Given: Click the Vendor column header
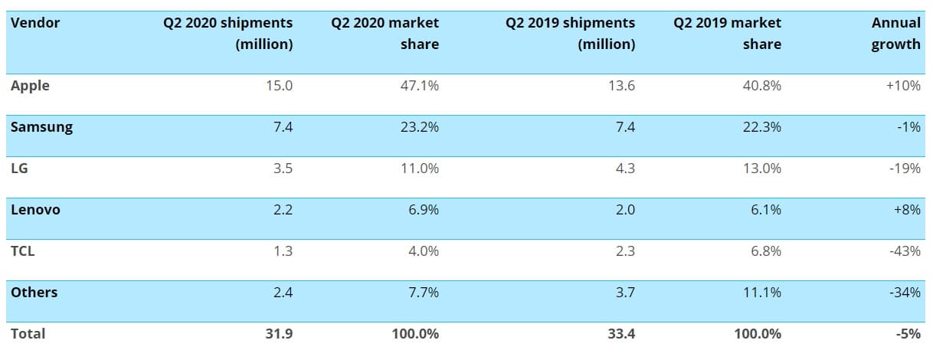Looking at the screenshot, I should [35, 23].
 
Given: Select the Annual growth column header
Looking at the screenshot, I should [895, 34].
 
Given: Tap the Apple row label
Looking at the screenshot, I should [30, 86].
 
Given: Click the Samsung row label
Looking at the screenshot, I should [41, 127].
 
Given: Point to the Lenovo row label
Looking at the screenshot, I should [35, 210].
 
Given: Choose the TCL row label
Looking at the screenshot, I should [23, 251].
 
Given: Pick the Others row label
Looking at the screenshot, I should [34, 293].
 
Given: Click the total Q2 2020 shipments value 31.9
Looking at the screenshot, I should [279, 334].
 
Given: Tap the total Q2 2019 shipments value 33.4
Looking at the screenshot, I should [620, 334].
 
